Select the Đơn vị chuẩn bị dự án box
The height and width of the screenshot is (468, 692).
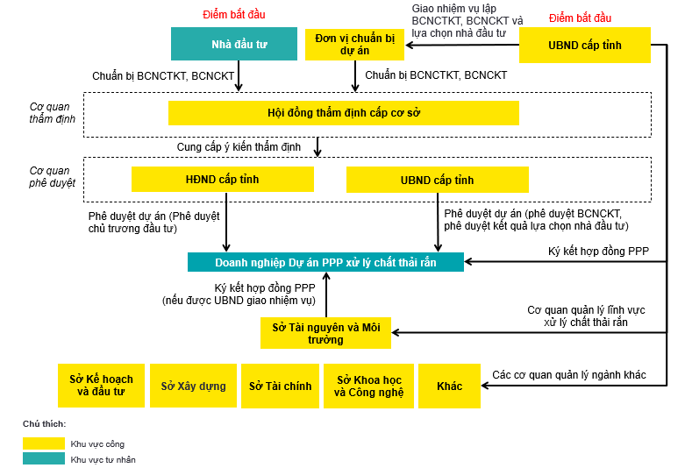354,44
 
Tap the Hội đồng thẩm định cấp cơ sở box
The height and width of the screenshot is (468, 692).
343,113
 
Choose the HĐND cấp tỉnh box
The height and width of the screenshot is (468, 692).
222,180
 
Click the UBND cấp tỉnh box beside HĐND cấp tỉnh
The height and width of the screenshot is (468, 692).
437,180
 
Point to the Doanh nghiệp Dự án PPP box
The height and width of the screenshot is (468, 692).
325,262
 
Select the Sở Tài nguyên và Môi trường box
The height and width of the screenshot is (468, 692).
325,333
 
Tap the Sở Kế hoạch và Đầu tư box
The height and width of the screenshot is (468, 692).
101,386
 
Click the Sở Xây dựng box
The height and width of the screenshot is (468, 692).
193,386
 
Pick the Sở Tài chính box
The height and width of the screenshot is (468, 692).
280,386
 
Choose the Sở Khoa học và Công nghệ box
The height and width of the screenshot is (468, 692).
368,386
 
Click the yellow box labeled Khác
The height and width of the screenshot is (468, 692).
449,386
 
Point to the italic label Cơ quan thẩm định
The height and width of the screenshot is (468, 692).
53,112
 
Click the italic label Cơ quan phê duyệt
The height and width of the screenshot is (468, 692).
53,177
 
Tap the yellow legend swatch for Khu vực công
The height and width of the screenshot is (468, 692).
43,443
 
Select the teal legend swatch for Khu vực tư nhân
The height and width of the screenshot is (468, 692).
43,459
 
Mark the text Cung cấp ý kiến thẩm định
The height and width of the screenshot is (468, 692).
238,147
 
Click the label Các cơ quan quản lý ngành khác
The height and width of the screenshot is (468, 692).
568,375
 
